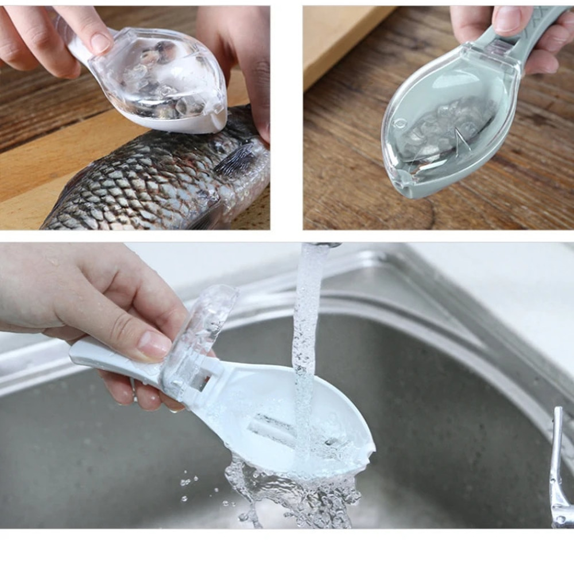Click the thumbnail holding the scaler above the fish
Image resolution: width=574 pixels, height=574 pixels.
pos(101,42)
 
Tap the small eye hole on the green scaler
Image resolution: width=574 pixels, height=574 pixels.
pos(400,123)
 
